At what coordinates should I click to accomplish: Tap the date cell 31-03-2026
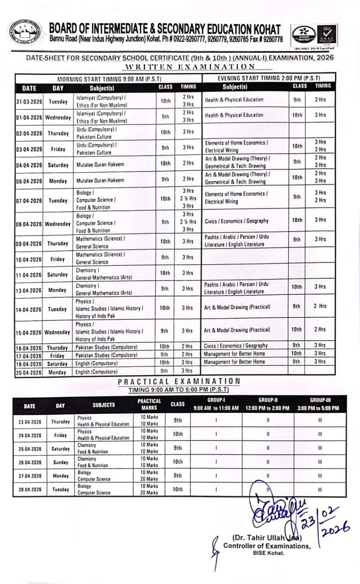point(29,102)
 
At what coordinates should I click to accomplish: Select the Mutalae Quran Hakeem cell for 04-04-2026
point(100,165)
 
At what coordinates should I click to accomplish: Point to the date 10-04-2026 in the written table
point(29,259)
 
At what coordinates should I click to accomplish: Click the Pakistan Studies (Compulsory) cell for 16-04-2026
point(106,347)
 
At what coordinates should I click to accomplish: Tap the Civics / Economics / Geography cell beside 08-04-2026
point(236,220)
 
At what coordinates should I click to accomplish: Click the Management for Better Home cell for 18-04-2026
point(234,362)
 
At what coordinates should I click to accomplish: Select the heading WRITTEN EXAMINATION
point(190,67)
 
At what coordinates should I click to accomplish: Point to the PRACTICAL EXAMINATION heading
point(179,381)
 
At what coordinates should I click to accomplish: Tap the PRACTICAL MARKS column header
point(149,404)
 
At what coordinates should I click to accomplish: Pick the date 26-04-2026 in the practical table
point(30,462)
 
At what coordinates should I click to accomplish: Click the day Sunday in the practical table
point(60,462)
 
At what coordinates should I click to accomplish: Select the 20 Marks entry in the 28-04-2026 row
point(149,493)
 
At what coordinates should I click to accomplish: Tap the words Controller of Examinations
point(267,546)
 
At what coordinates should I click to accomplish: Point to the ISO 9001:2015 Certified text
point(313,49)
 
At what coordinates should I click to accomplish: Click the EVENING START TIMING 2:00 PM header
point(269,78)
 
